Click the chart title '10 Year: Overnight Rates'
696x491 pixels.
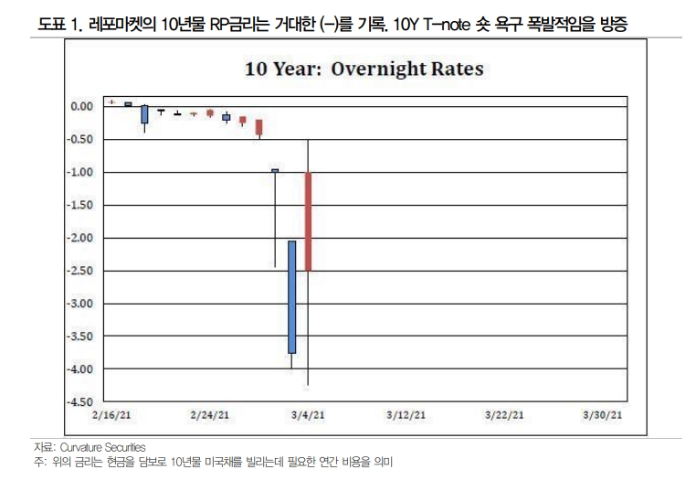[363, 69]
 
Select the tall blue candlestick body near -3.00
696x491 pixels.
[291, 296]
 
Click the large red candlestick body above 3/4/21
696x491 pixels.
[309, 221]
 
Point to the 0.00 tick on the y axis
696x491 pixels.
[82, 106]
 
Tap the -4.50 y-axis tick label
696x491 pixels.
[81, 401]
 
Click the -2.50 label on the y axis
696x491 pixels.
[81, 271]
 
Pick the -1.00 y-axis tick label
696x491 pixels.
[81, 172]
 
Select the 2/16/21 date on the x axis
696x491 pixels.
[111, 414]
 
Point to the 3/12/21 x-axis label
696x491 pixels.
[406, 414]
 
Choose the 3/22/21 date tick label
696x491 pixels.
[504, 414]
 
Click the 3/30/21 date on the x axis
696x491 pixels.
[603, 414]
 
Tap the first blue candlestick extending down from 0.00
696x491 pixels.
[144, 114]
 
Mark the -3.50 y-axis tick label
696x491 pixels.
[81, 336]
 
